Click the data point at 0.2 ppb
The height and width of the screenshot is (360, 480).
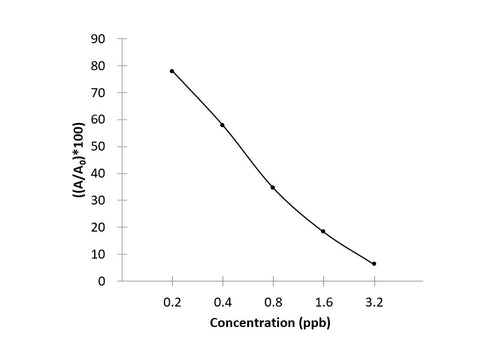[x=172, y=71]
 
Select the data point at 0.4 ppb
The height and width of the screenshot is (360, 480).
[x=222, y=125]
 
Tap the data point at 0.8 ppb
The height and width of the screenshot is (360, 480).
[x=272, y=187]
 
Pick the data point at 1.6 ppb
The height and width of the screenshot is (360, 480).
[x=323, y=231]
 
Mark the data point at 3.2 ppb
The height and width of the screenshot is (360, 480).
[x=374, y=264]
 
